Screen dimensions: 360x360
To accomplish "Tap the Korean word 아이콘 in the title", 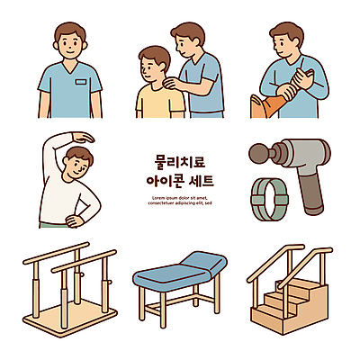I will tap(166, 180).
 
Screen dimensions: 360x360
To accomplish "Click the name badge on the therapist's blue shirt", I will tap(82, 82).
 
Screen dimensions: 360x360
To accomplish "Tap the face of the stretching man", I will tap(78, 167).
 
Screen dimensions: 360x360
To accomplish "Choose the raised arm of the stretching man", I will tap(63, 141).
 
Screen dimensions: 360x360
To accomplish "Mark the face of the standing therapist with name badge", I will tap(70, 42).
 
